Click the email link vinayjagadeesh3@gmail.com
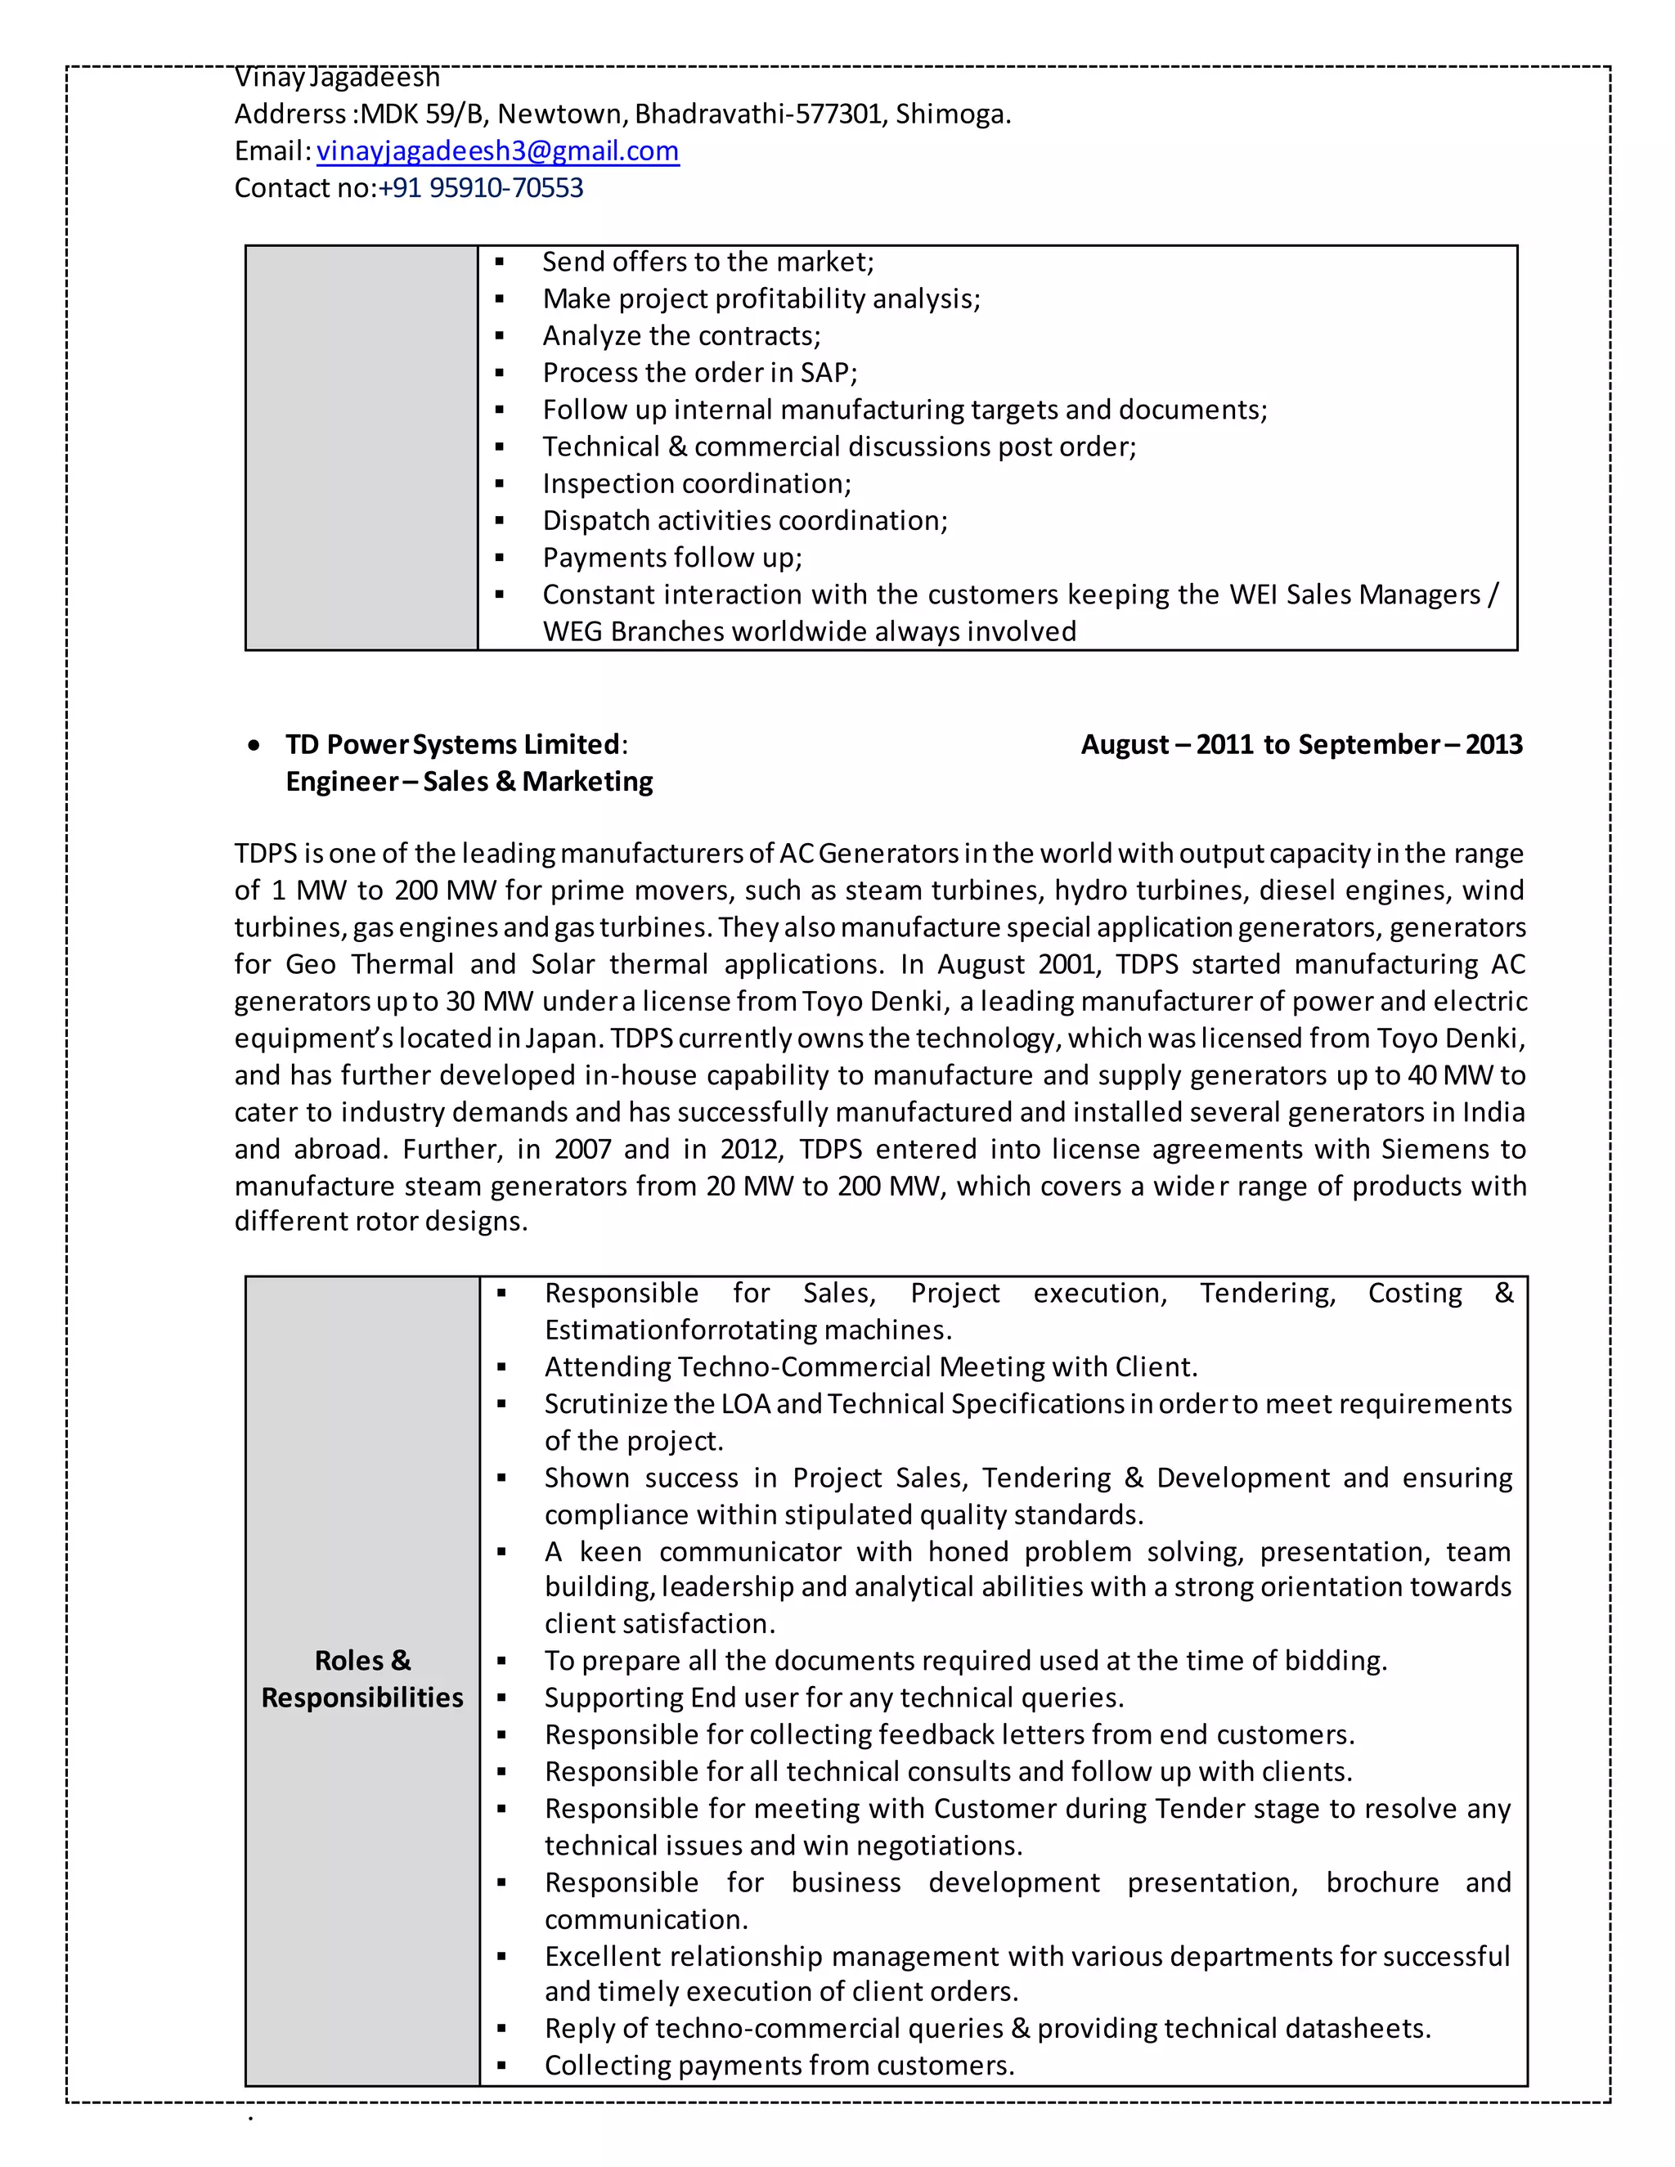(x=497, y=150)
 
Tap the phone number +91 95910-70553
(x=480, y=187)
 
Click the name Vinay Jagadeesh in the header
(x=336, y=78)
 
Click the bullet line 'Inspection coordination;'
(x=697, y=484)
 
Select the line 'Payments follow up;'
(x=671, y=558)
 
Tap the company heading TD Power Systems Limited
(x=452, y=744)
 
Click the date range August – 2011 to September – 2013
(x=1301, y=744)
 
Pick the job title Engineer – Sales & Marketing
(x=469, y=782)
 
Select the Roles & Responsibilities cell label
(x=362, y=1679)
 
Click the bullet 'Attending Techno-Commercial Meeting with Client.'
(x=870, y=1367)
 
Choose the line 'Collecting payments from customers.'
(x=779, y=2066)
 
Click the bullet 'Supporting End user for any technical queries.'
(x=833, y=1698)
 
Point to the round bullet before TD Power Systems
(x=256, y=745)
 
